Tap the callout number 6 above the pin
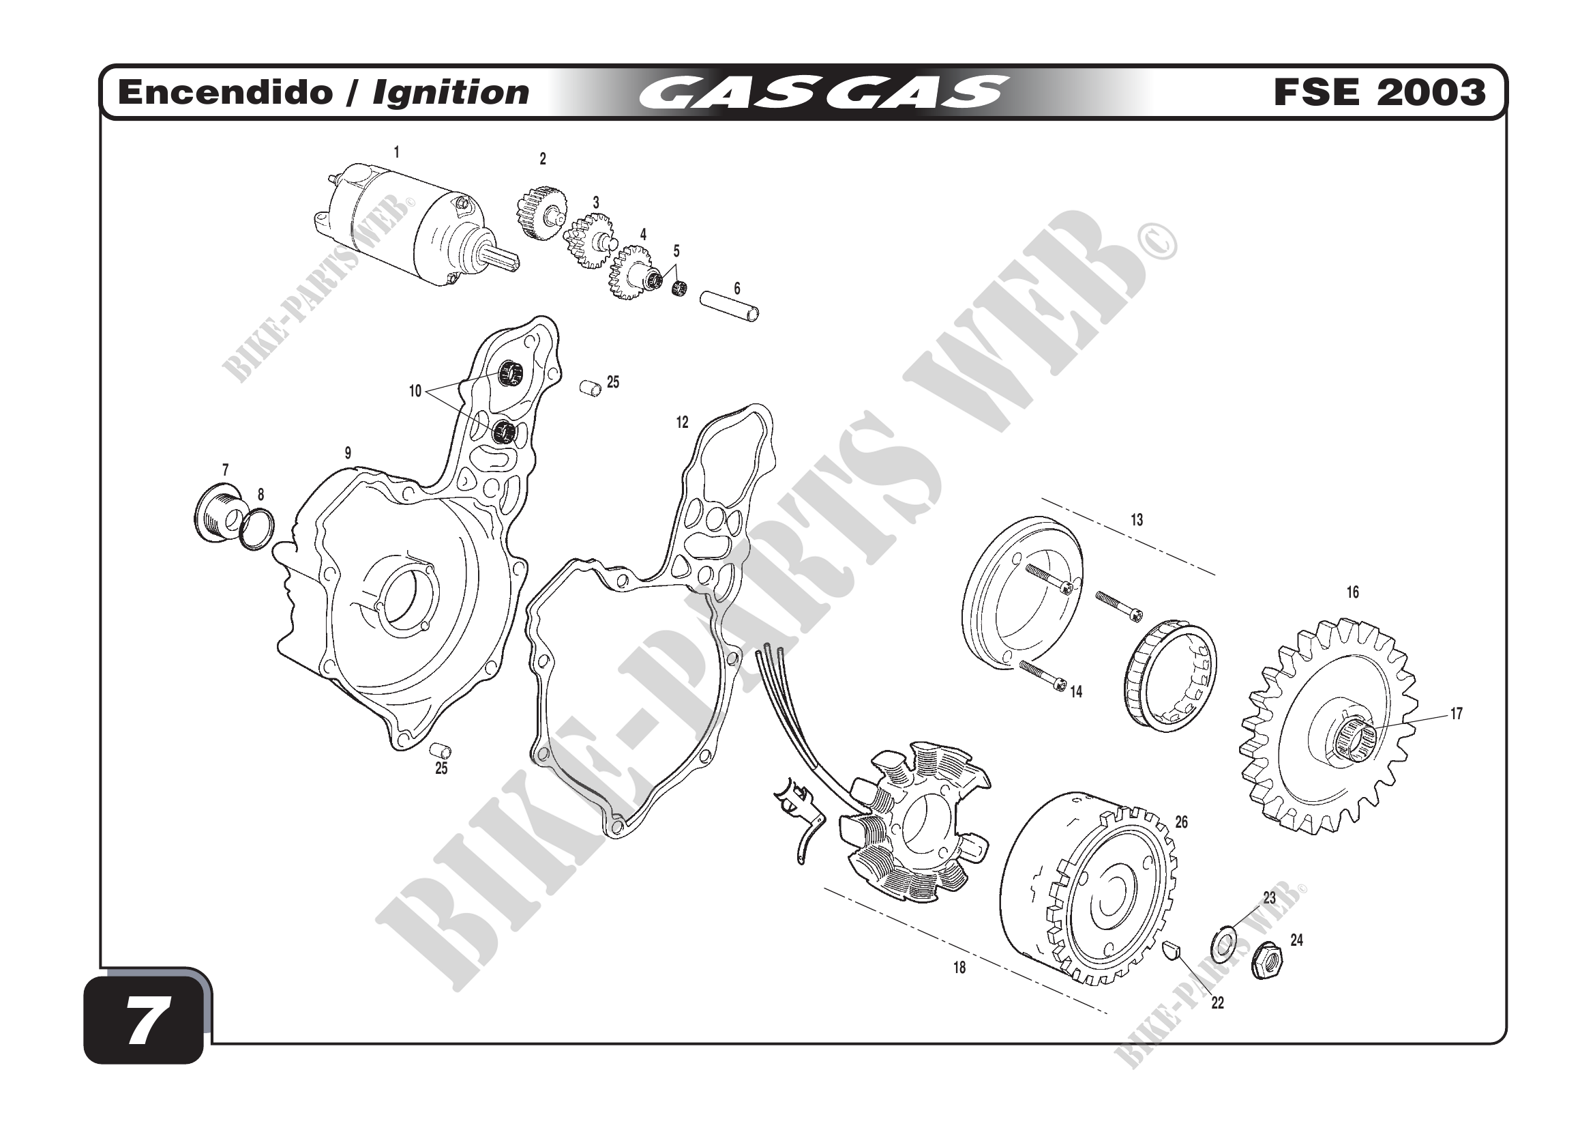[737, 289]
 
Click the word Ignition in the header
[451, 93]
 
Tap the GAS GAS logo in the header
[823, 93]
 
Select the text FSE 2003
[1379, 92]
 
